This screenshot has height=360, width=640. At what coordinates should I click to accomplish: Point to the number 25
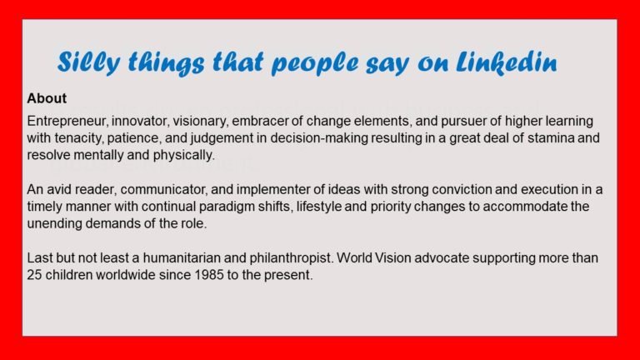35,275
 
